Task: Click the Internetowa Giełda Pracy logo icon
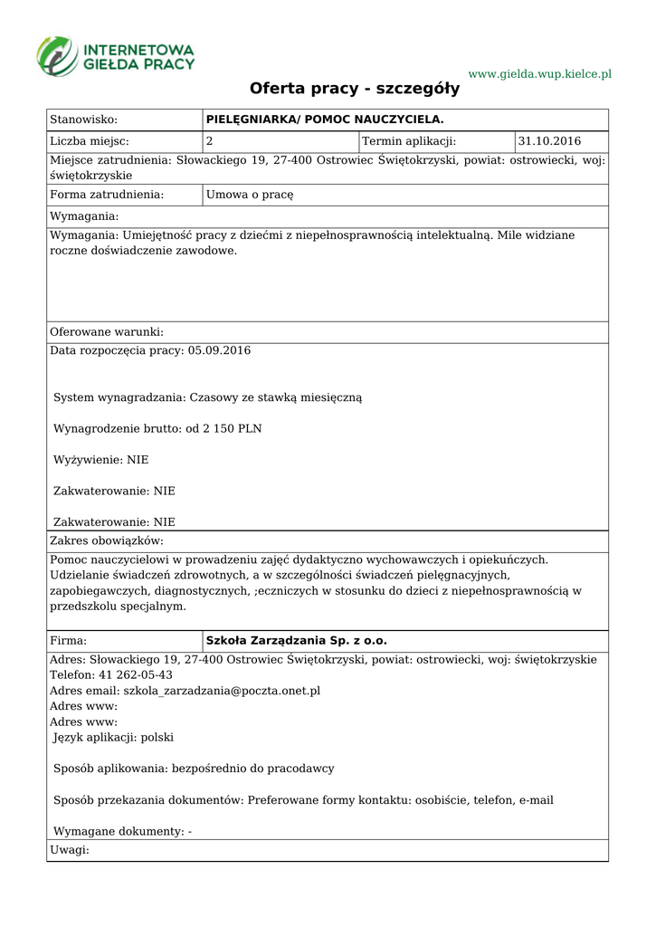(x=57, y=55)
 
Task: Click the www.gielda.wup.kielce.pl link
(x=539, y=73)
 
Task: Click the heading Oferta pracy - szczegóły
(x=355, y=89)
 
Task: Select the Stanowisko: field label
(x=84, y=119)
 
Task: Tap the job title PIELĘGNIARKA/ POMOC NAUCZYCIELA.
(x=325, y=119)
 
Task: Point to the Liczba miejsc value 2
(x=210, y=141)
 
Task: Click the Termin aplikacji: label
(x=409, y=141)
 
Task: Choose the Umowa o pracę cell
(x=250, y=194)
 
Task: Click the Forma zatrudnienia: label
(x=107, y=194)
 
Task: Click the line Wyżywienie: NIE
(x=100, y=460)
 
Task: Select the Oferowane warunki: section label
(x=107, y=332)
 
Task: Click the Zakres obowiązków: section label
(x=106, y=540)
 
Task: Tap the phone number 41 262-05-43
(x=129, y=675)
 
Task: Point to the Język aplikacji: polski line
(x=113, y=738)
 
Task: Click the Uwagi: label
(x=69, y=850)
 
